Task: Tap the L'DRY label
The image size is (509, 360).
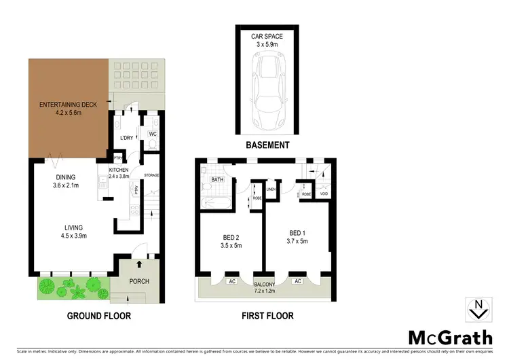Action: tap(127, 139)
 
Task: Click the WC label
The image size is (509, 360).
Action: tap(153, 134)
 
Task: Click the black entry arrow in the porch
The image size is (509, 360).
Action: tap(139, 262)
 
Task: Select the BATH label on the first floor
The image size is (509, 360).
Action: tap(217, 180)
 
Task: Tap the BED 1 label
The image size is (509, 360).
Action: tap(297, 235)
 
